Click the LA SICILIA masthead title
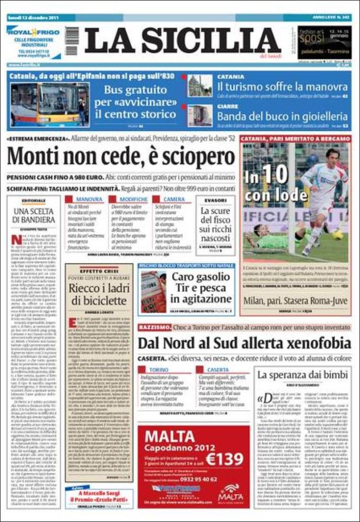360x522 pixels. click(182, 40)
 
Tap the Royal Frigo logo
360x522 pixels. click(33, 32)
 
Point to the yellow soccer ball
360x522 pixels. click(339, 234)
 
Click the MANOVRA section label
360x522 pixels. click(89, 199)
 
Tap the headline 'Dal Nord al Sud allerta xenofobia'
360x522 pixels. click(244, 343)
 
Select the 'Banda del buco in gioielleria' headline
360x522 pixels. click(282, 116)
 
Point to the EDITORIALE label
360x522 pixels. click(34, 200)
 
